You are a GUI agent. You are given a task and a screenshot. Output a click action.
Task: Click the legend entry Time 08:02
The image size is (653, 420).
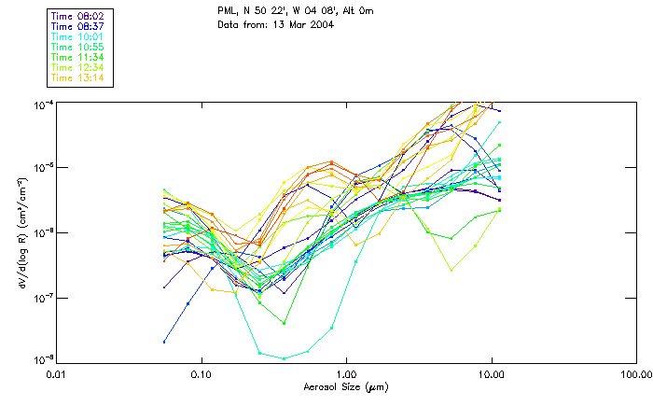tap(77, 17)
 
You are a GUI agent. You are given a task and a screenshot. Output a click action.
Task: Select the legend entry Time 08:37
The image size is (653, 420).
tap(77, 27)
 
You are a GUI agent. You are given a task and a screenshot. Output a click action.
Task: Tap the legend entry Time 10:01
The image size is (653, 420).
tap(77, 37)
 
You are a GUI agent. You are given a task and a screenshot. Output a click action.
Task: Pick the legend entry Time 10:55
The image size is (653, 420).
tap(77, 47)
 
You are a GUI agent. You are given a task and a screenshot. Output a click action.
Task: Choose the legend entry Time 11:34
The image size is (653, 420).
tap(77, 57)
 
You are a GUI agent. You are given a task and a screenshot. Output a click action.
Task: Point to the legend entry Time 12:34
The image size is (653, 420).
tap(77, 67)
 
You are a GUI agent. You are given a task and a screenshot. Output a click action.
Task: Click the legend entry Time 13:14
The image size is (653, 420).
tap(77, 77)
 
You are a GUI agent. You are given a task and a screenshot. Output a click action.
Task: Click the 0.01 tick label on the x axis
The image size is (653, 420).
tap(57, 376)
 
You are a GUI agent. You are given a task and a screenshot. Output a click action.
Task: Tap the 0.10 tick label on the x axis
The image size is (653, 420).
tap(201, 376)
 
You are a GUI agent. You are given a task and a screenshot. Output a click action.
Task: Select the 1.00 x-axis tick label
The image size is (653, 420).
tap(346, 376)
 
